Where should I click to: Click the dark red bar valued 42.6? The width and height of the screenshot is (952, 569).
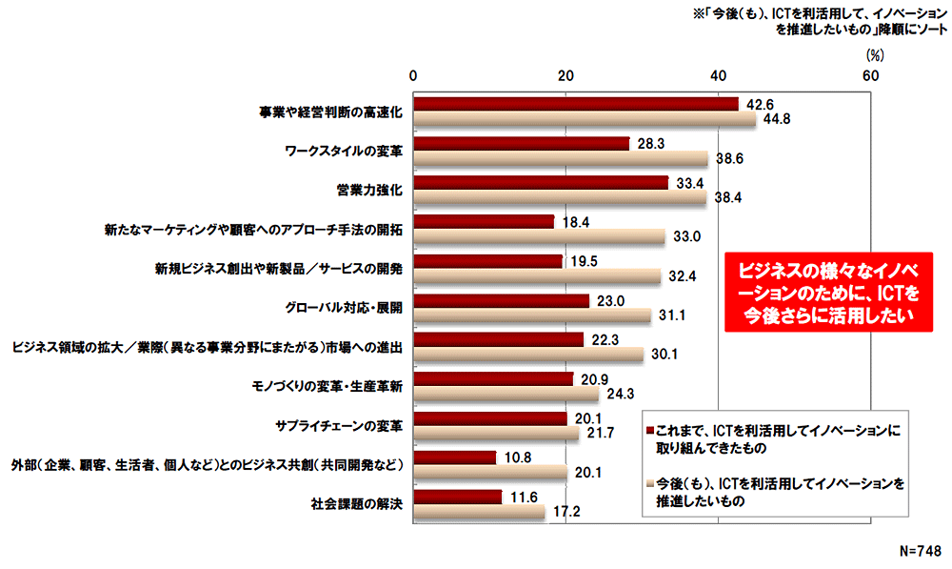tap(576, 104)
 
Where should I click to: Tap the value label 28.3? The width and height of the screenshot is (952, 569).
tap(650, 144)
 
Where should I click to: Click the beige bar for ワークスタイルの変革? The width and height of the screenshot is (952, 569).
tap(561, 159)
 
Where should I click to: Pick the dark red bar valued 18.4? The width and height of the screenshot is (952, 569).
tap(484, 222)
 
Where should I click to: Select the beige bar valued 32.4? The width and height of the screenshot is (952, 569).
tap(537, 276)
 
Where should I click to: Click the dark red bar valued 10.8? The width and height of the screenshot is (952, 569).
tap(455, 457)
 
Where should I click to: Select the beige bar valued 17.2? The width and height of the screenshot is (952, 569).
tap(479, 512)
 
